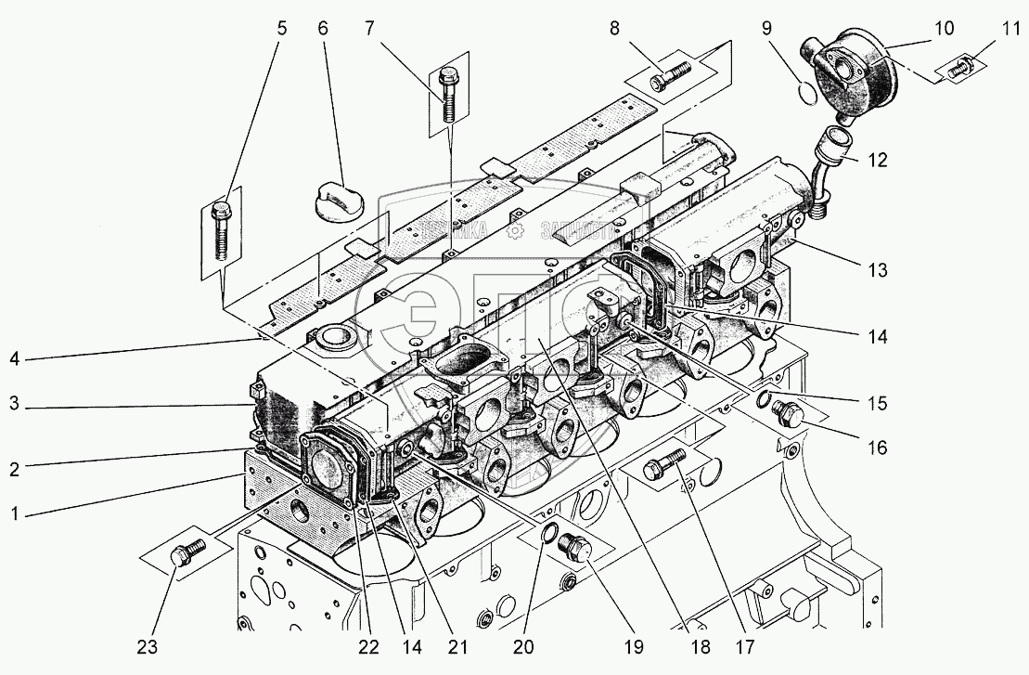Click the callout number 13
click(x=877, y=271)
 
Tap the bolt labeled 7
click(x=449, y=94)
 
